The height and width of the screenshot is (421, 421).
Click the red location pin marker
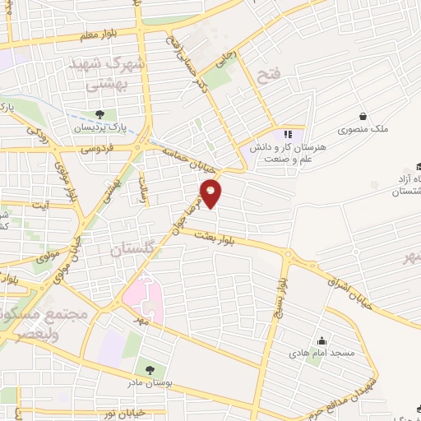click(x=212, y=194)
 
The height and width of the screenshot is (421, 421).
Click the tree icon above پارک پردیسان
click(x=99, y=114)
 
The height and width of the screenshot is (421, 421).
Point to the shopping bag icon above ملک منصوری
click(x=362, y=117)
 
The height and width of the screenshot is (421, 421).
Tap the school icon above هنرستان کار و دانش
click(x=287, y=133)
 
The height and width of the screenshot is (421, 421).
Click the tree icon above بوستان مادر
click(x=149, y=370)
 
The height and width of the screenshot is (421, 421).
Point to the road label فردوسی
click(x=97, y=150)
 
